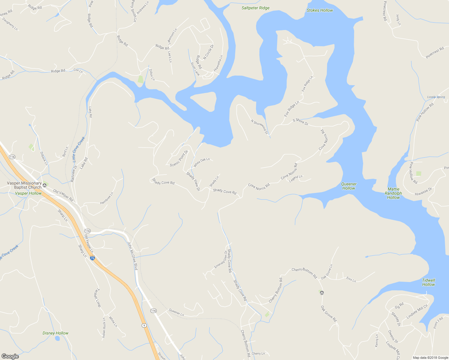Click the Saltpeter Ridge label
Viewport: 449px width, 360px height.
(255, 8)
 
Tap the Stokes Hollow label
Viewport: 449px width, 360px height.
(320, 10)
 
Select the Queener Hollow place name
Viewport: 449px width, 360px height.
(349, 186)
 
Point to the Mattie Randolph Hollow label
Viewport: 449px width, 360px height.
(393, 193)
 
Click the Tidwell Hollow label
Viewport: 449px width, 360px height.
(428, 282)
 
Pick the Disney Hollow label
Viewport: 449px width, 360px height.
(56, 333)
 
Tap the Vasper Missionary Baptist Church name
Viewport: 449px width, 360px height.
(24, 185)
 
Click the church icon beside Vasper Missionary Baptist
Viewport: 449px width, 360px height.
(45, 185)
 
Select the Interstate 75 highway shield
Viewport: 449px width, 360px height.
(92, 258)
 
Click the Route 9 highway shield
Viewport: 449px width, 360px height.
(144, 325)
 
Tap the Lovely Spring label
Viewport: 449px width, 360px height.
(436, 97)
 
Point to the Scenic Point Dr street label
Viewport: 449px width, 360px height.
(179, 158)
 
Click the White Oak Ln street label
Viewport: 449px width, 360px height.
(202, 162)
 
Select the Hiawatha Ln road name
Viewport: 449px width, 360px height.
(218, 63)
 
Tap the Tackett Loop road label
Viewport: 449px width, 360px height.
(97, 298)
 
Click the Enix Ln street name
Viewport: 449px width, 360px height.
(351, 279)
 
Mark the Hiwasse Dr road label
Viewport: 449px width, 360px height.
(423, 192)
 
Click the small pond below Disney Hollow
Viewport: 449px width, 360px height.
(57, 338)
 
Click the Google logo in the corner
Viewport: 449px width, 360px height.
(10, 356)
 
